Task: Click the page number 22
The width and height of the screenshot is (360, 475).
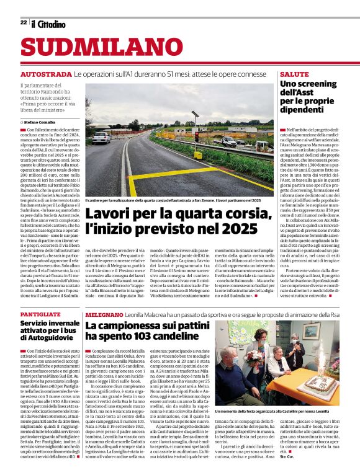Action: click(x=23, y=22)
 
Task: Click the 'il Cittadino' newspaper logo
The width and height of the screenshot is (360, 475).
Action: click(x=48, y=24)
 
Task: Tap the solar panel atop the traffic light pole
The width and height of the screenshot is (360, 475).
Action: click(x=194, y=114)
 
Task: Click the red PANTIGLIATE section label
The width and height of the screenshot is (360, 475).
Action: click(x=40, y=315)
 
